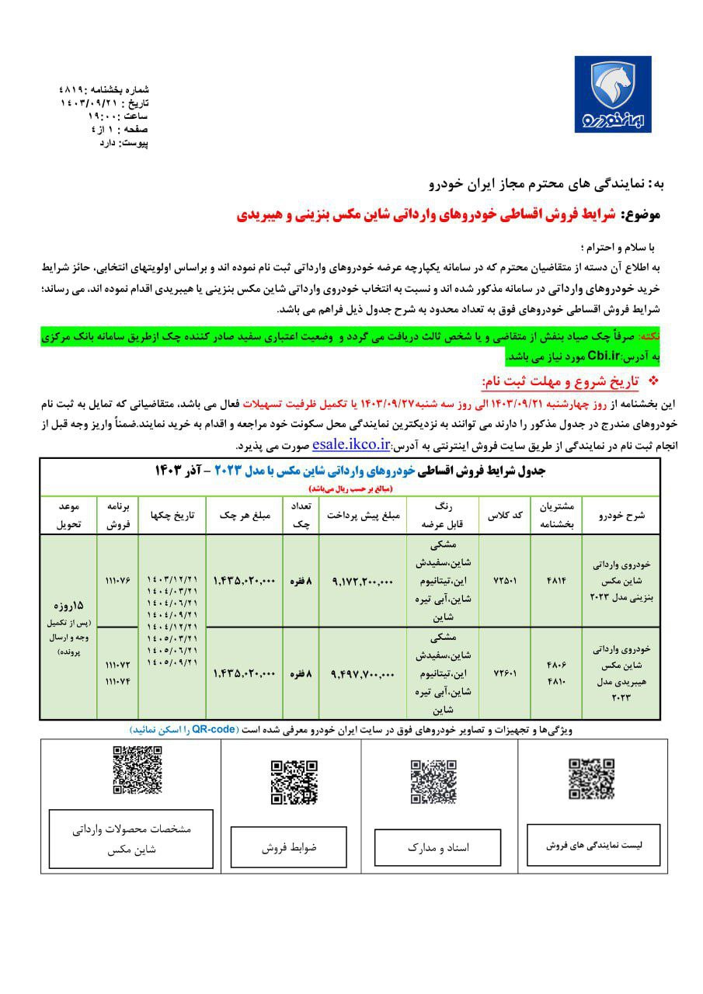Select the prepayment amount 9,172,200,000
pyautogui.click(x=363, y=580)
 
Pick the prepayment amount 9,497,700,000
pyautogui.click(x=363, y=673)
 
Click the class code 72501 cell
pyautogui.click(x=503, y=580)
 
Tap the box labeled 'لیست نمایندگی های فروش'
pyautogui.click(x=593, y=845)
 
